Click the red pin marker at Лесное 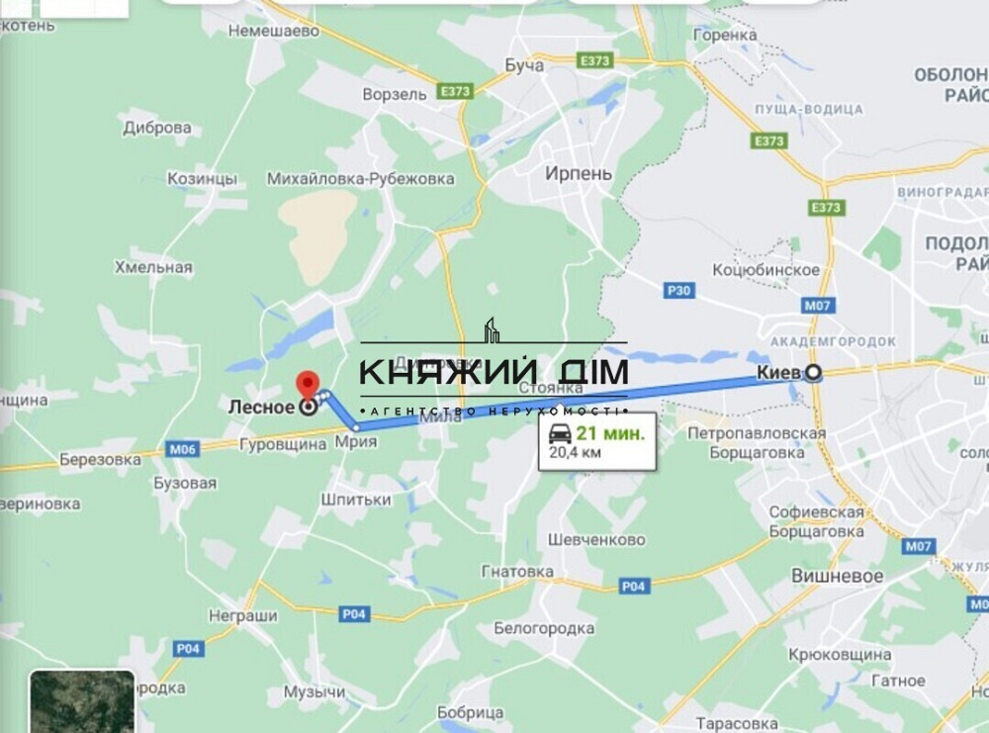[x=309, y=384]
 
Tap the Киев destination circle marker [x=813, y=373]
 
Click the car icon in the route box [x=559, y=433]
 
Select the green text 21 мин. [x=610, y=433]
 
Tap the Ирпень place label [x=579, y=173]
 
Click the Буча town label [x=523, y=65]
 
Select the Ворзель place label [x=396, y=94]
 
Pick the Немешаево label [x=274, y=32]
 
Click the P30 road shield [x=679, y=290]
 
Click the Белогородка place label [x=544, y=628]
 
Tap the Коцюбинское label [x=767, y=270]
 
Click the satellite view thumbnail [x=81, y=701]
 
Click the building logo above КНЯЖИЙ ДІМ [x=492, y=330]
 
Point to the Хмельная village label [x=153, y=267]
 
